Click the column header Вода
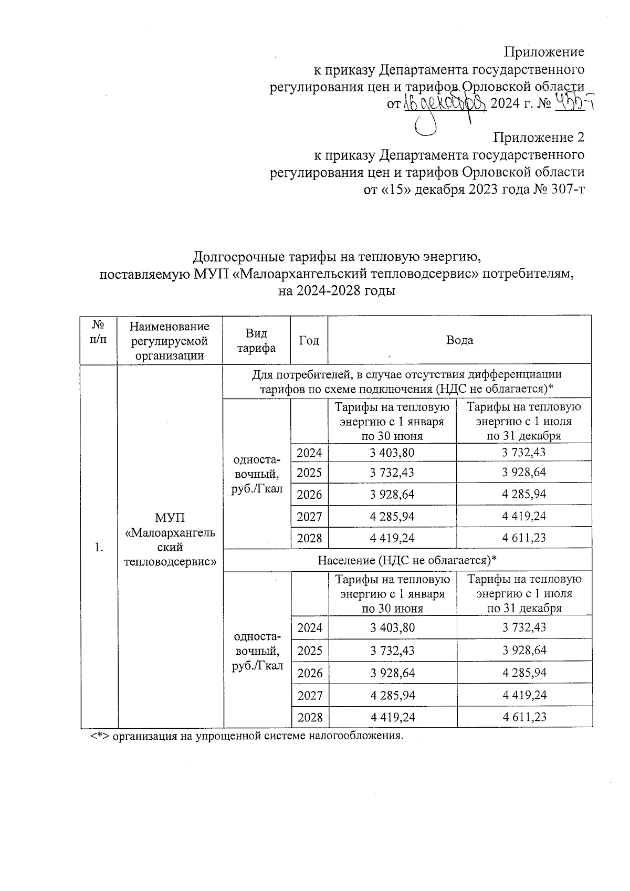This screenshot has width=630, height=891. point(459,340)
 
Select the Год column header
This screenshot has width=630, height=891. point(309,340)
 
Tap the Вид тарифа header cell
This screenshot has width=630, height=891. point(256,341)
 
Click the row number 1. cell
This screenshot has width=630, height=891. point(98,548)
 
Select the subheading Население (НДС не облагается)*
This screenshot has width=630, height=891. point(407,560)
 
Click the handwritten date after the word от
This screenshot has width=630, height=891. point(445,103)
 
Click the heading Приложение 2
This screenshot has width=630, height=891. point(539,138)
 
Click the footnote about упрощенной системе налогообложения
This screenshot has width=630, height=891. point(247,736)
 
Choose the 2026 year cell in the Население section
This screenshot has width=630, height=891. point(309,673)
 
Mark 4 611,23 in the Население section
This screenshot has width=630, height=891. point(524,717)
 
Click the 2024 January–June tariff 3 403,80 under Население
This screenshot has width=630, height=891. point(392,627)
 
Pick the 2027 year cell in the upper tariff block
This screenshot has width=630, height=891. point(309,516)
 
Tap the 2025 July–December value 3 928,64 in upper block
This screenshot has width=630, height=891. point(524,473)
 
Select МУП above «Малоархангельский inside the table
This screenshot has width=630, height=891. point(170,519)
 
